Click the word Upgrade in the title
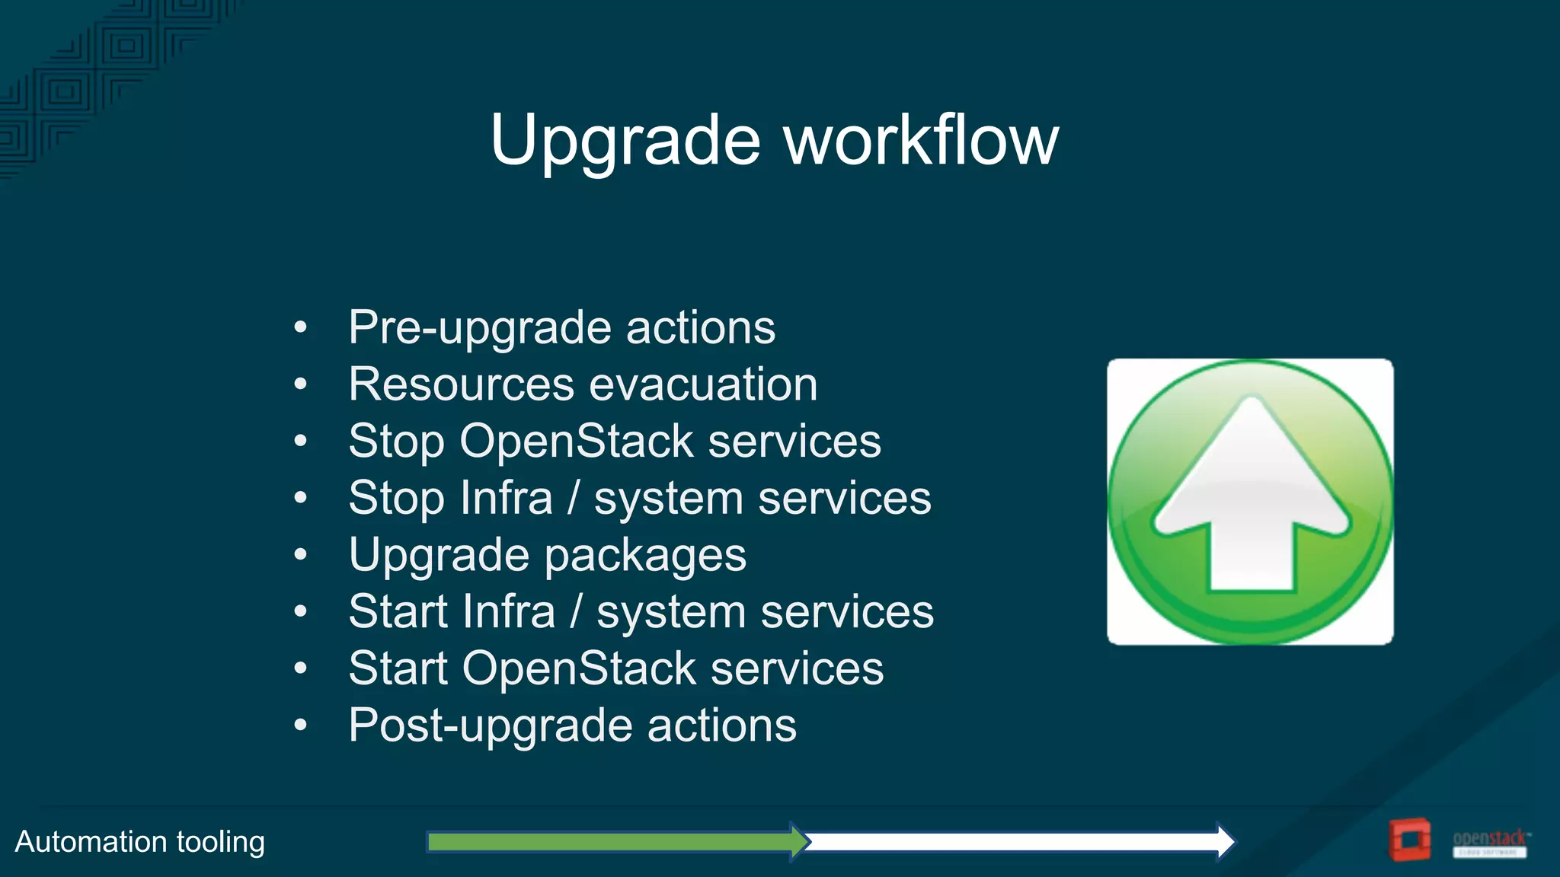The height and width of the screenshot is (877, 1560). click(x=625, y=142)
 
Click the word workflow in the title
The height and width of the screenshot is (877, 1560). click(x=922, y=140)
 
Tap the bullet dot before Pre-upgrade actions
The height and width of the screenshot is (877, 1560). click(x=300, y=328)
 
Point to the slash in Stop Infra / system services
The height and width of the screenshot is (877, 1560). click(x=573, y=498)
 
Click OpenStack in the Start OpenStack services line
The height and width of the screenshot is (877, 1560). click(x=579, y=668)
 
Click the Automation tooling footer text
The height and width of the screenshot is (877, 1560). click(x=140, y=842)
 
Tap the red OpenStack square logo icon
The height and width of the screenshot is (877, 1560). click(x=1409, y=840)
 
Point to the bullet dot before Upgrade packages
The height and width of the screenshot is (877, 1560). click(x=300, y=555)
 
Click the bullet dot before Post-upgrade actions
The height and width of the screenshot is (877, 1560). click(x=300, y=726)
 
